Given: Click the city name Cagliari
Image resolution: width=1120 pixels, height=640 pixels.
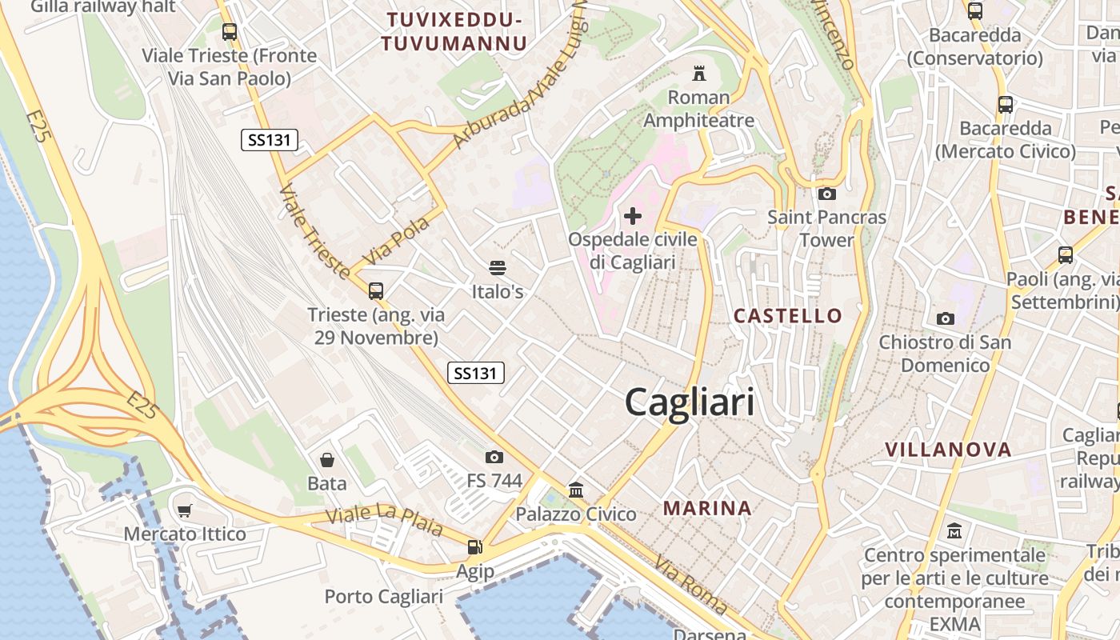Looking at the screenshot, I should click(689, 401).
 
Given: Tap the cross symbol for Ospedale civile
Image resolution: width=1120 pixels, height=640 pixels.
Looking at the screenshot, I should click(633, 216).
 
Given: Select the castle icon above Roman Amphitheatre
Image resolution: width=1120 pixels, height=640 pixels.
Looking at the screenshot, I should click(699, 74).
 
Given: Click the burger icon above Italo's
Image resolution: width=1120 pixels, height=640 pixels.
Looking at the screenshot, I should click(498, 267).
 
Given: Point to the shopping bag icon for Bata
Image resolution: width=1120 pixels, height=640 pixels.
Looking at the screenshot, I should click(327, 459).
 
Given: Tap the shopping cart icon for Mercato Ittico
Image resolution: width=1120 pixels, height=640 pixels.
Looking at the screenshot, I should click(185, 510).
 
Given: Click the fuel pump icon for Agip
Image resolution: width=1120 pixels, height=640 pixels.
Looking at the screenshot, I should click(475, 547).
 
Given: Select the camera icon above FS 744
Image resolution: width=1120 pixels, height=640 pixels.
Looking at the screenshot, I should click(494, 457).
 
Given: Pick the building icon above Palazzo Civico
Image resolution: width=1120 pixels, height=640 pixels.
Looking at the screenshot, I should click(576, 490).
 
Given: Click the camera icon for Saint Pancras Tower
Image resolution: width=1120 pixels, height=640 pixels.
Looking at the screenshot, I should click(827, 194).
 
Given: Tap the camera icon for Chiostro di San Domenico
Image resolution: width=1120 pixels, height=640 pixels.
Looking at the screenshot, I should click(945, 318).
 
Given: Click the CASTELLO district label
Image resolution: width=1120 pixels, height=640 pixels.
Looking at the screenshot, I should click(788, 315).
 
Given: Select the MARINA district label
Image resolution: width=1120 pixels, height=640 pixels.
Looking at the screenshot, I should click(707, 507).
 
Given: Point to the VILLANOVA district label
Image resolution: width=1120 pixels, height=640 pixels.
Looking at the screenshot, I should click(948, 450).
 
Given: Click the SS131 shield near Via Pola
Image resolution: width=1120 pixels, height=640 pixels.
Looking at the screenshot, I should click(269, 140).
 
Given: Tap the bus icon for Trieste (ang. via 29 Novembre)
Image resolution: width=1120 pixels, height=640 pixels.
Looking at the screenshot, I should click(376, 291).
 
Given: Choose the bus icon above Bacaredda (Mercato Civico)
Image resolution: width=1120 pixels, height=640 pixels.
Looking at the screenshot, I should click(1006, 105).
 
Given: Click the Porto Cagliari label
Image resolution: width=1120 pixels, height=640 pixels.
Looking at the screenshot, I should click(383, 597).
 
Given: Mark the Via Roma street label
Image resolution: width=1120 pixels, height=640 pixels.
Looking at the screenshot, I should click(690, 585).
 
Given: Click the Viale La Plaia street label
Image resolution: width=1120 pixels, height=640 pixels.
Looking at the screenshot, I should click(384, 520).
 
